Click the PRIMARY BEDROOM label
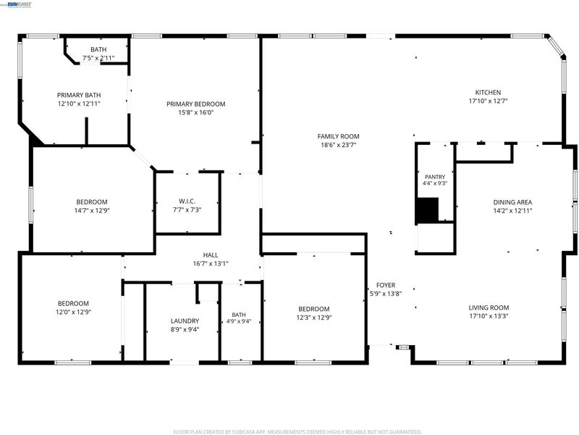[x=195, y=104]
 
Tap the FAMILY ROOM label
[x=338, y=136]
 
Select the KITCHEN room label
[x=488, y=93]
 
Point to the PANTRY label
[x=435, y=177]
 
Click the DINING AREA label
[x=512, y=202]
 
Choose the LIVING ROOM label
[x=489, y=307]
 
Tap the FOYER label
[x=386, y=285]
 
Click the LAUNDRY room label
[x=185, y=321]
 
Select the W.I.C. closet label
[x=187, y=202]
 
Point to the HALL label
[x=211, y=255]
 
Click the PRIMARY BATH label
[x=79, y=95]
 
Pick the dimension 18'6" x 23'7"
[x=338, y=145]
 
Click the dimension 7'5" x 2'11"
[x=98, y=58]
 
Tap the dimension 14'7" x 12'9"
[x=92, y=210]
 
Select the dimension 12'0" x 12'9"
[x=73, y=312]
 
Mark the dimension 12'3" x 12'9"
[x=314, y=318]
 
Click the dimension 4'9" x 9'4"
[x=239, y=321]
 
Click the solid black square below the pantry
[x=427, y=210]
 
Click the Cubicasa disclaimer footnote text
[x=297, y=431]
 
